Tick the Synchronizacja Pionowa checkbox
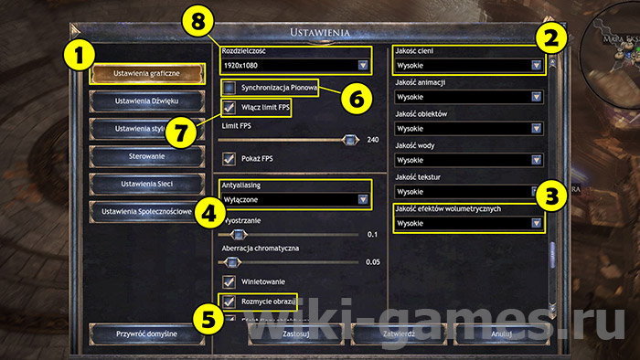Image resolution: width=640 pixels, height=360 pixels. [229, 88]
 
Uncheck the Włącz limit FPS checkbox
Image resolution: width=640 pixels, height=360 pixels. [229, 110]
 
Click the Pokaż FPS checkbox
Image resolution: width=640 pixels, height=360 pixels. [229, 158]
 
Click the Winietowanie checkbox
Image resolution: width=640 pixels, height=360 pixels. [229, 281]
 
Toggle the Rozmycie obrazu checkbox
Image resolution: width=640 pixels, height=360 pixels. [229, 300]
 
